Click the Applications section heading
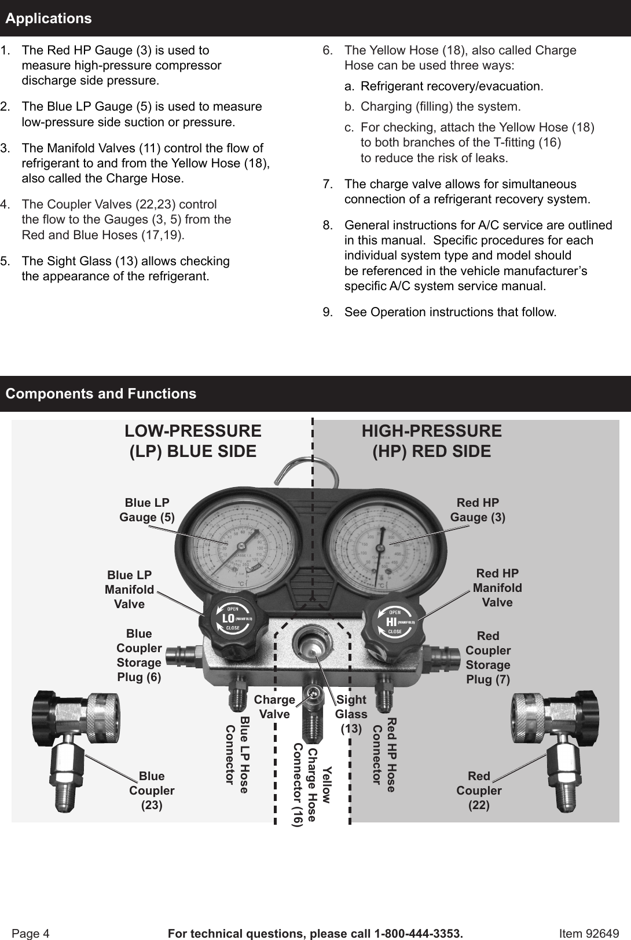point(49,19)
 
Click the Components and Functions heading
point(101,394)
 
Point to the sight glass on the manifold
point(313,645)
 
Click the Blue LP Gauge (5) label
point(147,510)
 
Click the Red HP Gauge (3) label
point(478,510)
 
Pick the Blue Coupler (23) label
point(152,791)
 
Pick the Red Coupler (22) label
point(479,791)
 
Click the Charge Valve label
point(274,707)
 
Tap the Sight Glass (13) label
point(351,714)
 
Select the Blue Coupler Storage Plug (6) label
point(139,655)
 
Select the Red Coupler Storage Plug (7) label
point(488,657)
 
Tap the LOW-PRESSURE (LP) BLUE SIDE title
point(193,441)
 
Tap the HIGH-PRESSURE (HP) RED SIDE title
point(431,441)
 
